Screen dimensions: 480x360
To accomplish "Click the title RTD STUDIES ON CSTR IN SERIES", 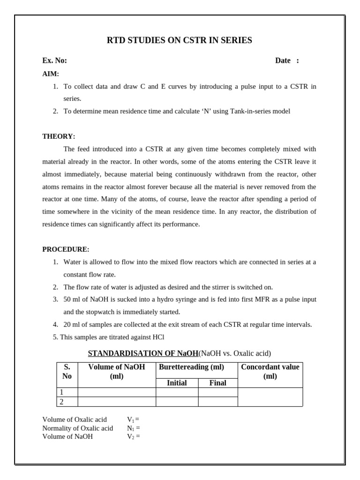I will pyautogui.click(x=180, y=41).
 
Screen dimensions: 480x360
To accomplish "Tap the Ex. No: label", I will pyautogui.click(x=54, y=60).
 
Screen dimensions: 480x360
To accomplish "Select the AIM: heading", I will pyautogui.click(x=51, y=74).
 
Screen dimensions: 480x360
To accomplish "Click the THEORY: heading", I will pyautogui.click(x=59, y=136).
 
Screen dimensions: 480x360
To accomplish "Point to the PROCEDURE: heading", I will pyautogui.click(x=66, y=249).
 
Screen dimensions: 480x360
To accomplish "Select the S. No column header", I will pyautogui.click(x=67, y=371).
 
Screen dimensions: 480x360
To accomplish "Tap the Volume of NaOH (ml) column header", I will pyautogui.click(x=117, y=371).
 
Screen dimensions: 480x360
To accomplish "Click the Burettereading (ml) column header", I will pyautogui.click(x=191, y=367).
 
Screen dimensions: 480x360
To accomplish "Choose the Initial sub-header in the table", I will pyautogui.click(x=177, y=383).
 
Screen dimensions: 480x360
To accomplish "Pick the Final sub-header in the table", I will pyautogui.click(x=217, y=383).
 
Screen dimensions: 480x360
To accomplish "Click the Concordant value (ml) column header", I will pyautogui.click(x=270, y=371).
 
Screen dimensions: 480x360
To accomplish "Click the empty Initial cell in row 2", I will pyautogui.click(x=177, y=402).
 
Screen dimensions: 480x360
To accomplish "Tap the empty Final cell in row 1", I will pyautogui.click(x=217, y=392).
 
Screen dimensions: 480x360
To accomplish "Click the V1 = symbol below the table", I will pyautogui.click(x=133, y=420).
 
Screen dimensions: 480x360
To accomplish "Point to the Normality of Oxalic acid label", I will pyautogui.click(x=77, y=428).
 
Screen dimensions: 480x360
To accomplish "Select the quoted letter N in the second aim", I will pyautogui.click(x=206, y=111).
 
